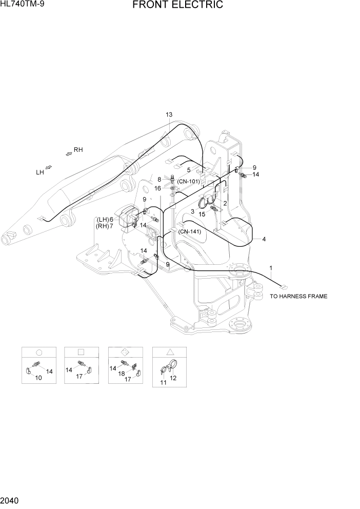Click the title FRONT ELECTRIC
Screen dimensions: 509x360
[x=177, y=5]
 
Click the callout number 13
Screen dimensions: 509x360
[x=169, y=114]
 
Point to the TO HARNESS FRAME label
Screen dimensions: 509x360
[x=298, y=296]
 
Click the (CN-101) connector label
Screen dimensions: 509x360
[x=188, y=181]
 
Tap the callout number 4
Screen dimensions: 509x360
[x=264, y=239]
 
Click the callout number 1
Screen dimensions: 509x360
[x=271, y=268]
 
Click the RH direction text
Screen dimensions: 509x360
[x=78, y=150]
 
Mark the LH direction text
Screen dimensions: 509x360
[x=39, y=173]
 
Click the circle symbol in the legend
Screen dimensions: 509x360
[x=38, y=352]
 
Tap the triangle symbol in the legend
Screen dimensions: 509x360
[x=170, y=352]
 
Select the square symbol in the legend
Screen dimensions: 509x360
[x=81, y=352]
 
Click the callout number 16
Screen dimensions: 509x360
[x=158, y=188]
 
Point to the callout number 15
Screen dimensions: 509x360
[x=202, y=214]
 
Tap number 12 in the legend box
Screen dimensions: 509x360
[x=173, y=378]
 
